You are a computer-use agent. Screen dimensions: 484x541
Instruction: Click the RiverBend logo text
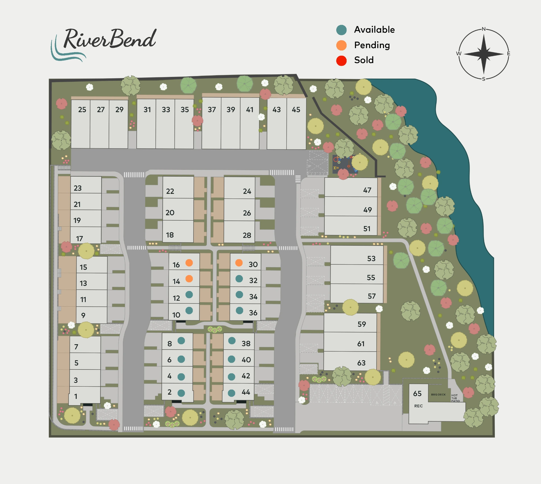[110, 39]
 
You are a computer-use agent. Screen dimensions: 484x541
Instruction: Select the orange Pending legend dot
[341, 45]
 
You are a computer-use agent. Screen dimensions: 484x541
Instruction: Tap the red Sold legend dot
[341, 60]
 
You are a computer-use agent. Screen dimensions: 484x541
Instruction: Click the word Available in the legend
[374, 30]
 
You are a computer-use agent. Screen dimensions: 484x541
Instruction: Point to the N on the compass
[483, 29]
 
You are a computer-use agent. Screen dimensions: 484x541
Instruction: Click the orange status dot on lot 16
[189, 263]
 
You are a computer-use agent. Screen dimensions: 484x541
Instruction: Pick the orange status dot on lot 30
[239, 263]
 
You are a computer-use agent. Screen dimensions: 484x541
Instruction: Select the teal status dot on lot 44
[231, 393]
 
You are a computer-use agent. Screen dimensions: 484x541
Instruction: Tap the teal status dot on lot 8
[181, 341]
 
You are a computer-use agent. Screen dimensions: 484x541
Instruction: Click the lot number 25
[82, 110]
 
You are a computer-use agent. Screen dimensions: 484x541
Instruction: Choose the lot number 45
[296, 110]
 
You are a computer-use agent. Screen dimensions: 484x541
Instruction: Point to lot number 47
[367, 190]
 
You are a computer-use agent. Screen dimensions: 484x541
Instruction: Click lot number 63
[361, 363]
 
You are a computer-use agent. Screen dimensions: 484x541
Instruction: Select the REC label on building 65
[418, 406]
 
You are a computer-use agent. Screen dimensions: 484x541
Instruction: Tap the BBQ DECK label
[438, 395]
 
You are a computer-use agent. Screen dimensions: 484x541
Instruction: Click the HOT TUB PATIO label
[455, 398]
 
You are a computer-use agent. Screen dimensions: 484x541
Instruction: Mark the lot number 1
[76, 396]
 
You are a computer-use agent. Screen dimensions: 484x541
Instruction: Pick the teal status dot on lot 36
[239, 311]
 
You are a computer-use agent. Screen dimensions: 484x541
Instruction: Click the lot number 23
[77, 188]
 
